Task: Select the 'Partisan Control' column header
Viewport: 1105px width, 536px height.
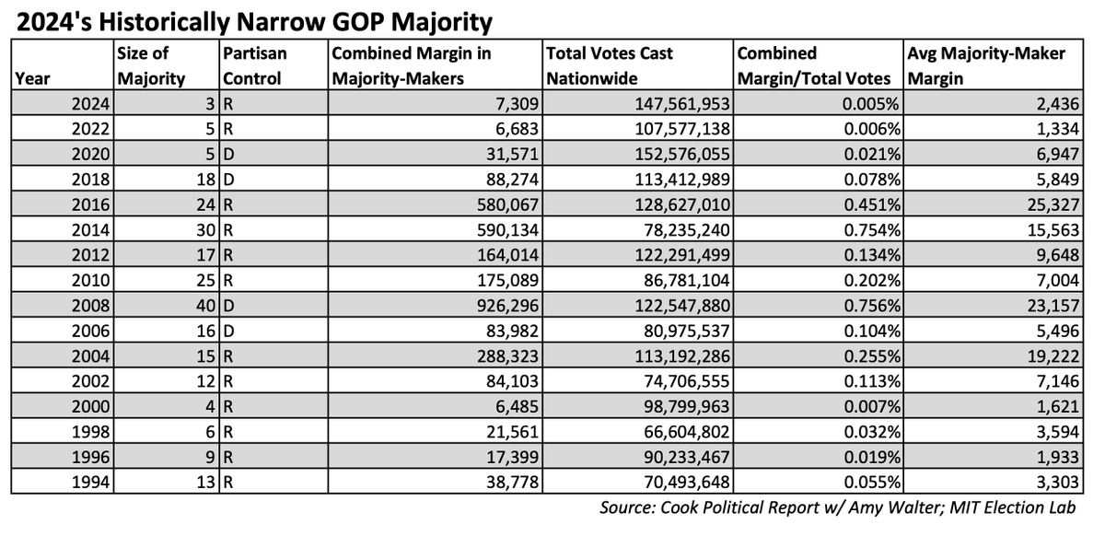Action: click(253, 66)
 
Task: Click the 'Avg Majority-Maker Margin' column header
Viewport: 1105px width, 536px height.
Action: click(986, 66)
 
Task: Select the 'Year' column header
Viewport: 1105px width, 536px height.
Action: click(32, 78)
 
